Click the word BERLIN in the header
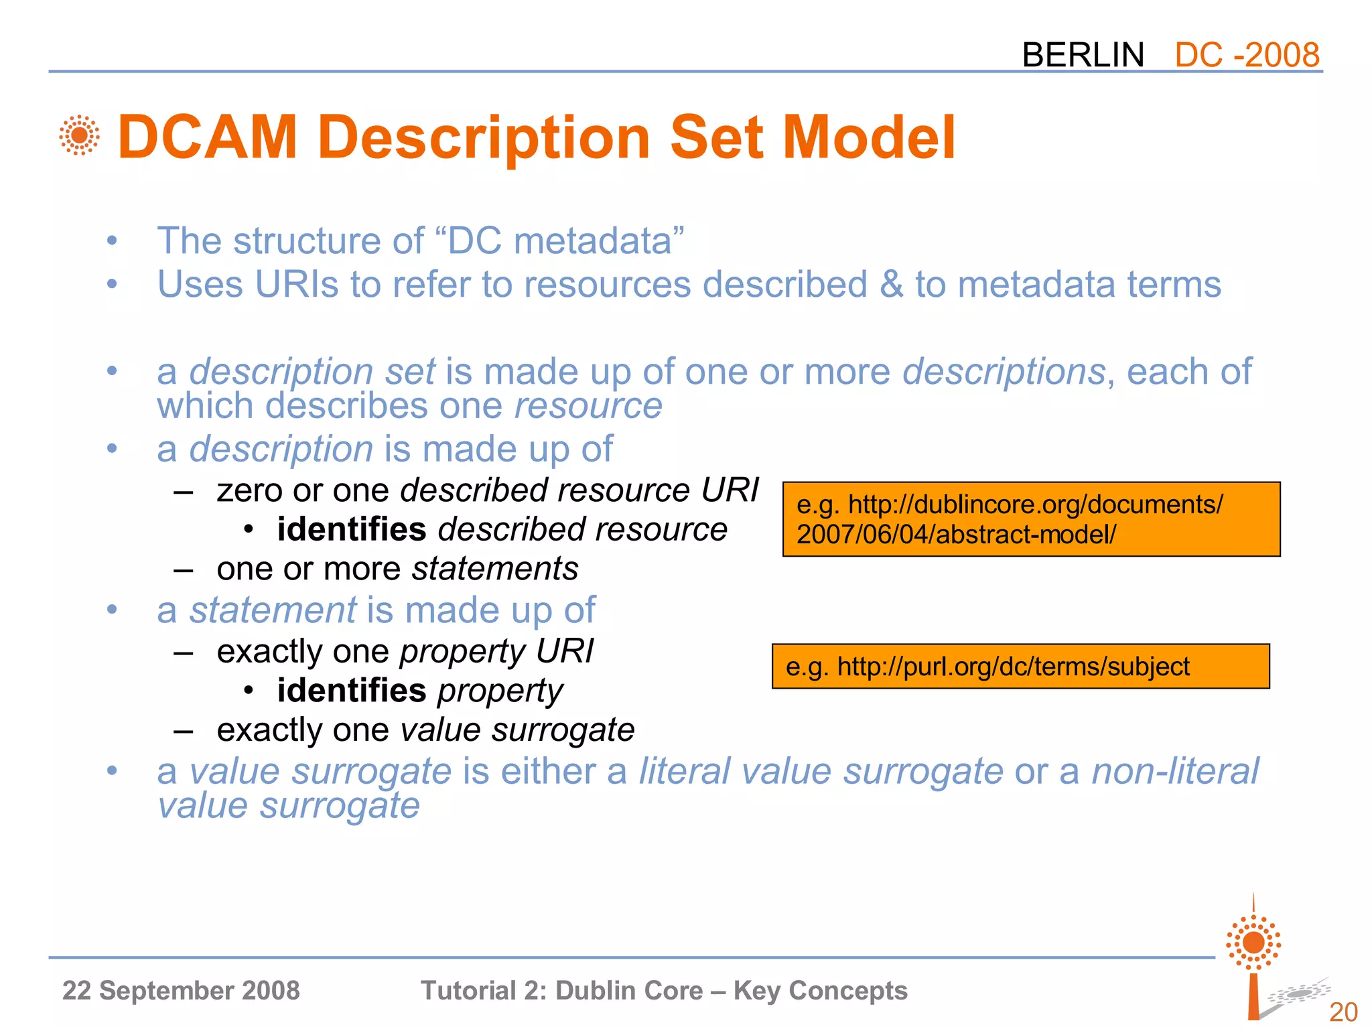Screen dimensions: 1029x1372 point(1083,55)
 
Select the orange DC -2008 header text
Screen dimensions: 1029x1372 point(1247,55)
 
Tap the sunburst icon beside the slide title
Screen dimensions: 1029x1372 point(80,135)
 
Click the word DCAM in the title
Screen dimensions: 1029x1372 point(207,137)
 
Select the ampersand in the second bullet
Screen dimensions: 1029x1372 point(891,284)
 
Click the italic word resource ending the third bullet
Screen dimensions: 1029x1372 point(588,406)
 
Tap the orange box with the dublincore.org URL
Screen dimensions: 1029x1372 point(1031,519)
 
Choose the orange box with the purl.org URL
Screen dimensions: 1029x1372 point(1020,667)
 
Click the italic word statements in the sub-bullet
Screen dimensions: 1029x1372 point(495,569)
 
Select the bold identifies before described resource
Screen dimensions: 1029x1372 point(352,529)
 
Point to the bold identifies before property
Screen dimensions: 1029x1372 point(352,691)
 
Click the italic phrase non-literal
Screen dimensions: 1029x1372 point(1175,771)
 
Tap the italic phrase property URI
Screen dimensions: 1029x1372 point(496,651)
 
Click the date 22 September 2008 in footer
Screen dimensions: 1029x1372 point(181,991)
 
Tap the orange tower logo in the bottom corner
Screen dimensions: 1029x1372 point(1253,958)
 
